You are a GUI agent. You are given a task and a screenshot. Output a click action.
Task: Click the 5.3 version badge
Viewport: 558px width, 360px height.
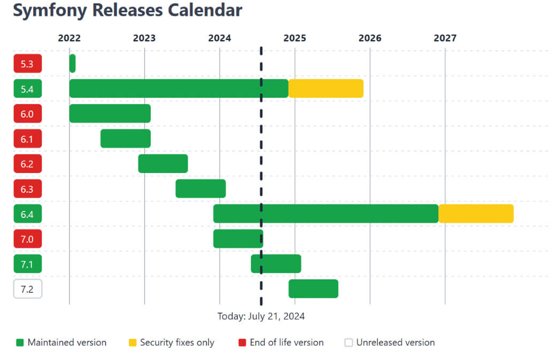coord(27,64)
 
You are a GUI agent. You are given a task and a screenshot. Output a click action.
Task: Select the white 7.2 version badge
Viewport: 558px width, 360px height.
coord(27,289)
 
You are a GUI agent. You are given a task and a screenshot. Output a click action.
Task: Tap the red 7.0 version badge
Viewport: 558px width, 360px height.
coord(27,239)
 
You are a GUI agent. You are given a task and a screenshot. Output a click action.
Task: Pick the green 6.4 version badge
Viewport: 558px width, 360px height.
coord(27,214)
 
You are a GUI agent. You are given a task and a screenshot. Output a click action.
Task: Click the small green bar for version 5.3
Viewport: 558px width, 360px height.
coord(72,64)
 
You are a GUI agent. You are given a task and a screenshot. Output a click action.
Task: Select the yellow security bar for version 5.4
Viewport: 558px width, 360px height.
coord(325,89)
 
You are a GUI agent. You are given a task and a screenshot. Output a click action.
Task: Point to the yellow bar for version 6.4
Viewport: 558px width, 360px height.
coord(476,214)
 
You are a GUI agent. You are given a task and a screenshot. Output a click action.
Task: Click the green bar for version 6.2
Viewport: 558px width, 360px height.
coord(163,163)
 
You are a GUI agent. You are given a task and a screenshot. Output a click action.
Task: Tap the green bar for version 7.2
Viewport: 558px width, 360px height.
coord(313,288)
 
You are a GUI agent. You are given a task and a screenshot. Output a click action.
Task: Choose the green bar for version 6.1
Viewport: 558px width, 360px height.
coord(126,138)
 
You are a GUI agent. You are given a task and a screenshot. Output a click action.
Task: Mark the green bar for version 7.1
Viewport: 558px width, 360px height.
coord(276,264)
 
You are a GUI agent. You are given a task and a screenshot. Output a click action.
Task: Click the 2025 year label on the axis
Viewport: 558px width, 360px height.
coord(294,38)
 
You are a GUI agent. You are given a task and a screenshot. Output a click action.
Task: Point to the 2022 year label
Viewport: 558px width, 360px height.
coord(69,38)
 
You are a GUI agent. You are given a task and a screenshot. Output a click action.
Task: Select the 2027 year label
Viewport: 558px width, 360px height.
coord(445,38)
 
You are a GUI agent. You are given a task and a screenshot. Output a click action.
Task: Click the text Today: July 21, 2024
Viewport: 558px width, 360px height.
coord(261,316)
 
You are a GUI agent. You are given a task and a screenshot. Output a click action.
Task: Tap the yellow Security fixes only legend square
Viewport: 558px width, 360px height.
coord(133,343)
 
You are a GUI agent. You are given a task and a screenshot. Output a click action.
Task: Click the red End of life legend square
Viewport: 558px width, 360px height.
coord(242,343)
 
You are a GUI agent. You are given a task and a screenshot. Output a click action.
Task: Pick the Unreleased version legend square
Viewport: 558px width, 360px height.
coord(348,343)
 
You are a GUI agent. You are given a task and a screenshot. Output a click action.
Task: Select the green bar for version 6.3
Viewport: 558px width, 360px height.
coord(200,189)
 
